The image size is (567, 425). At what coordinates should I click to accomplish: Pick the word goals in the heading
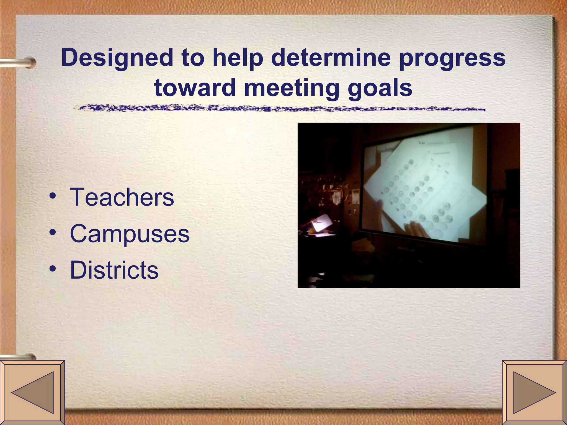tap(380, 88)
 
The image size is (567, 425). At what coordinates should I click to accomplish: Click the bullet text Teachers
tap(122, 197)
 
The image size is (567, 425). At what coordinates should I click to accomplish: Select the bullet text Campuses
tap(130, 234)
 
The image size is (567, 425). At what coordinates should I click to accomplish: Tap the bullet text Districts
tap(114, 270)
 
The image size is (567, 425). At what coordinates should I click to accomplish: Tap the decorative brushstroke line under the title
tap(280, 108)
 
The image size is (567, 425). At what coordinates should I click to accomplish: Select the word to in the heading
tap(193, 58)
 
